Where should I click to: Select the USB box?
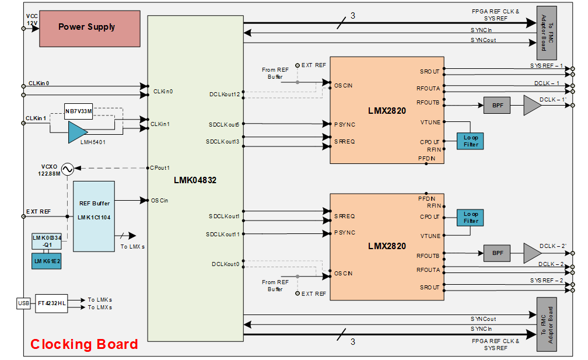[23, 303]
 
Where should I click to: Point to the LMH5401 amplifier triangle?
[76, 132]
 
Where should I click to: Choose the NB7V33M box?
[78, 110]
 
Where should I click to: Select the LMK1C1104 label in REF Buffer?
[93, 217]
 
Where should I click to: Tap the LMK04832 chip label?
[195, 180]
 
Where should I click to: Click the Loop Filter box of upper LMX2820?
[470, 141]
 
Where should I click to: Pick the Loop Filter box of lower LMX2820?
[470, 218]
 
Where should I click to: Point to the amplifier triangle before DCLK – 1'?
[531, 106]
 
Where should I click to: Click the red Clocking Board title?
[84, 344]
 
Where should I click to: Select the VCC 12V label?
[32, 20]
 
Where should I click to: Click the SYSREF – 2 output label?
[547, 281]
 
